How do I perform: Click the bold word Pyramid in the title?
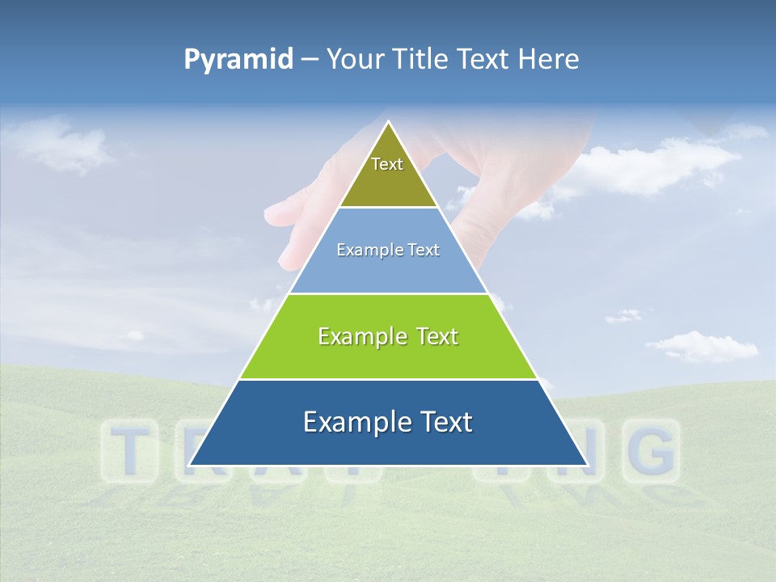coord(238,60)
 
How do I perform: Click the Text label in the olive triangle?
coord(387,164)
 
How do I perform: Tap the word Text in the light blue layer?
coord(425,251)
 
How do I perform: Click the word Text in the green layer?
coord(437,336)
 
